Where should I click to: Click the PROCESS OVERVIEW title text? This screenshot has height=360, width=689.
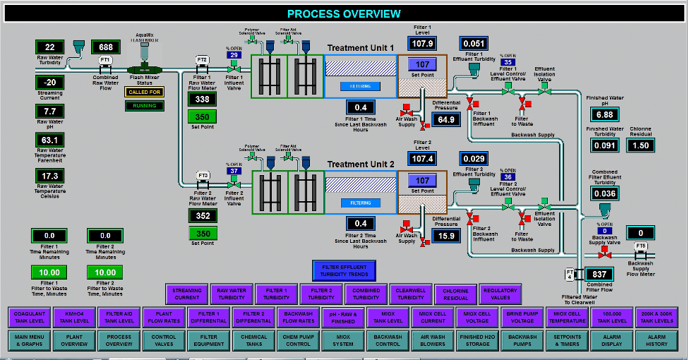click(344, 13)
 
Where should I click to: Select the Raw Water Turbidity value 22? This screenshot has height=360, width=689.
click(50, 47)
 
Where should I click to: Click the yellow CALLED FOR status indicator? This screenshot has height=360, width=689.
click(144, 92)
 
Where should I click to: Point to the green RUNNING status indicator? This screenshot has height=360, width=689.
click(144, 106)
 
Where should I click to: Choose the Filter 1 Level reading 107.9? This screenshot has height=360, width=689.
click(421, 44)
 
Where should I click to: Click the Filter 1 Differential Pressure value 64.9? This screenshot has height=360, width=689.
click(446, 120)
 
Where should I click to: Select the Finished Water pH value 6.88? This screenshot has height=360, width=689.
click(604, 114)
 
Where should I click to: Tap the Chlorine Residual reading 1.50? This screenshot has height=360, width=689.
click(640, 145)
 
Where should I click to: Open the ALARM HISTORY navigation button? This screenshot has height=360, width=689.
click(657, 340)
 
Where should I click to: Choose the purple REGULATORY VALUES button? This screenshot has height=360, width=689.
click(501, 294)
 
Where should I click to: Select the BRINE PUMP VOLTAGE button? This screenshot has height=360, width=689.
click(522, 318)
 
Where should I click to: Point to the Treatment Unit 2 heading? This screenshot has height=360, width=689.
click(361, 164)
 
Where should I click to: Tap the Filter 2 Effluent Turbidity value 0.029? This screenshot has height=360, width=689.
click(474, 160)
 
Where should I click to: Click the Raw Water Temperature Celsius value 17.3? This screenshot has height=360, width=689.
click(50, 176)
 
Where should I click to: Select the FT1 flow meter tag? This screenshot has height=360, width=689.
click(105, 60)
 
